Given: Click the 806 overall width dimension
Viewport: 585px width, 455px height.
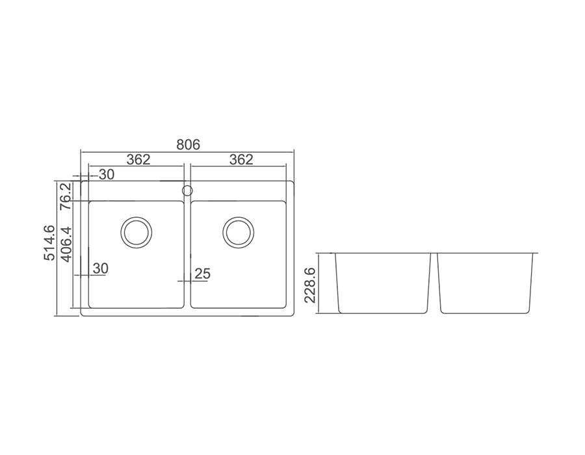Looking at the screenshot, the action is pyautogui.click(x=188, y=144).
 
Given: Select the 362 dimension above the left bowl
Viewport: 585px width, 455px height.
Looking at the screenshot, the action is pyautogui.click(x=138, y=160).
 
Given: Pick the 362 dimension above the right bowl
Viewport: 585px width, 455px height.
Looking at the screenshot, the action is pyautogui.click(x=241, y=160).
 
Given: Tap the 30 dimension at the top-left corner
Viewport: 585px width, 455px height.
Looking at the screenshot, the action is pyautogui.click(x=107, y=175).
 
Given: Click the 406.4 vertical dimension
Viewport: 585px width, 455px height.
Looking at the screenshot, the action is pyautogui.click(x=66, y=244).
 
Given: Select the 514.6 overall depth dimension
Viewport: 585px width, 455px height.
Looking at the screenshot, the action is pyautogui.click(x=49, y=243).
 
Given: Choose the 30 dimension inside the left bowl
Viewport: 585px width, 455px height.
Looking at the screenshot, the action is pyautogui.click(x=100, y=268).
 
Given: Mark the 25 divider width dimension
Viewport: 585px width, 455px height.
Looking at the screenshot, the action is pyautogui.click(x=203, y=274).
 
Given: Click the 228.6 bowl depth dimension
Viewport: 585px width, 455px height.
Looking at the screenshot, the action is pyautogui.click(x=310, y=285).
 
